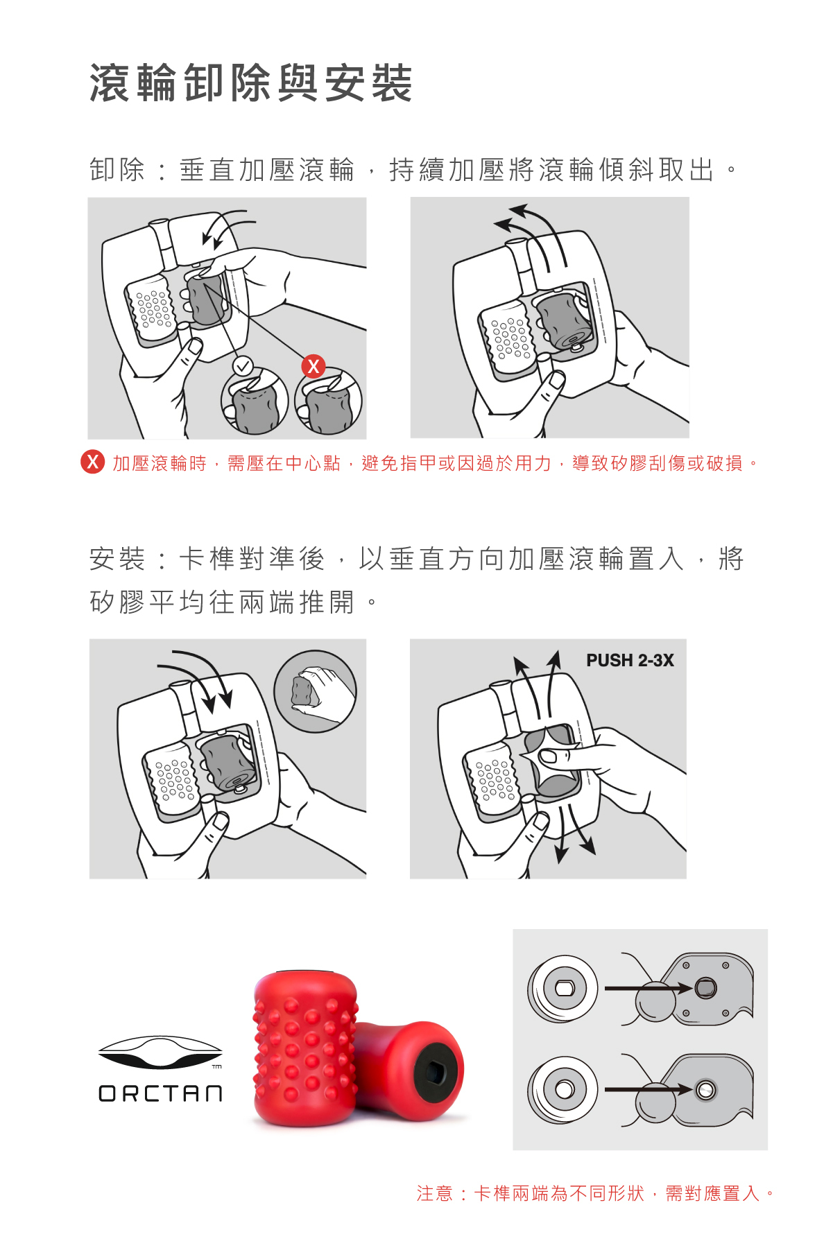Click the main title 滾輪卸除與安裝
click(251, 83)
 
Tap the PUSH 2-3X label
click(630, 660)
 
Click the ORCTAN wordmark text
click(160, 1093)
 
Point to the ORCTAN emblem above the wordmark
click(160, 1052)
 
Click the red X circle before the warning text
click(93, 462)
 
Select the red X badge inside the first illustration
click(314, 366)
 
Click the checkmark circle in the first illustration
click(243, 365)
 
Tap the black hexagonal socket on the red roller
click(436, 1072)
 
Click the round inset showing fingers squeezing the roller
click(315, 691)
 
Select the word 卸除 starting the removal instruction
click(117, 170)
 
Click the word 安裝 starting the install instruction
click(117, 559)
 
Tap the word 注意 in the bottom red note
click(435, 1193)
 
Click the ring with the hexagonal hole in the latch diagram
click(563, 989)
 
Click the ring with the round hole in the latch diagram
click(563, 1089)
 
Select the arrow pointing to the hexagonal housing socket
click(649, 988)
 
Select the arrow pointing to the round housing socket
click(649, 1089)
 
